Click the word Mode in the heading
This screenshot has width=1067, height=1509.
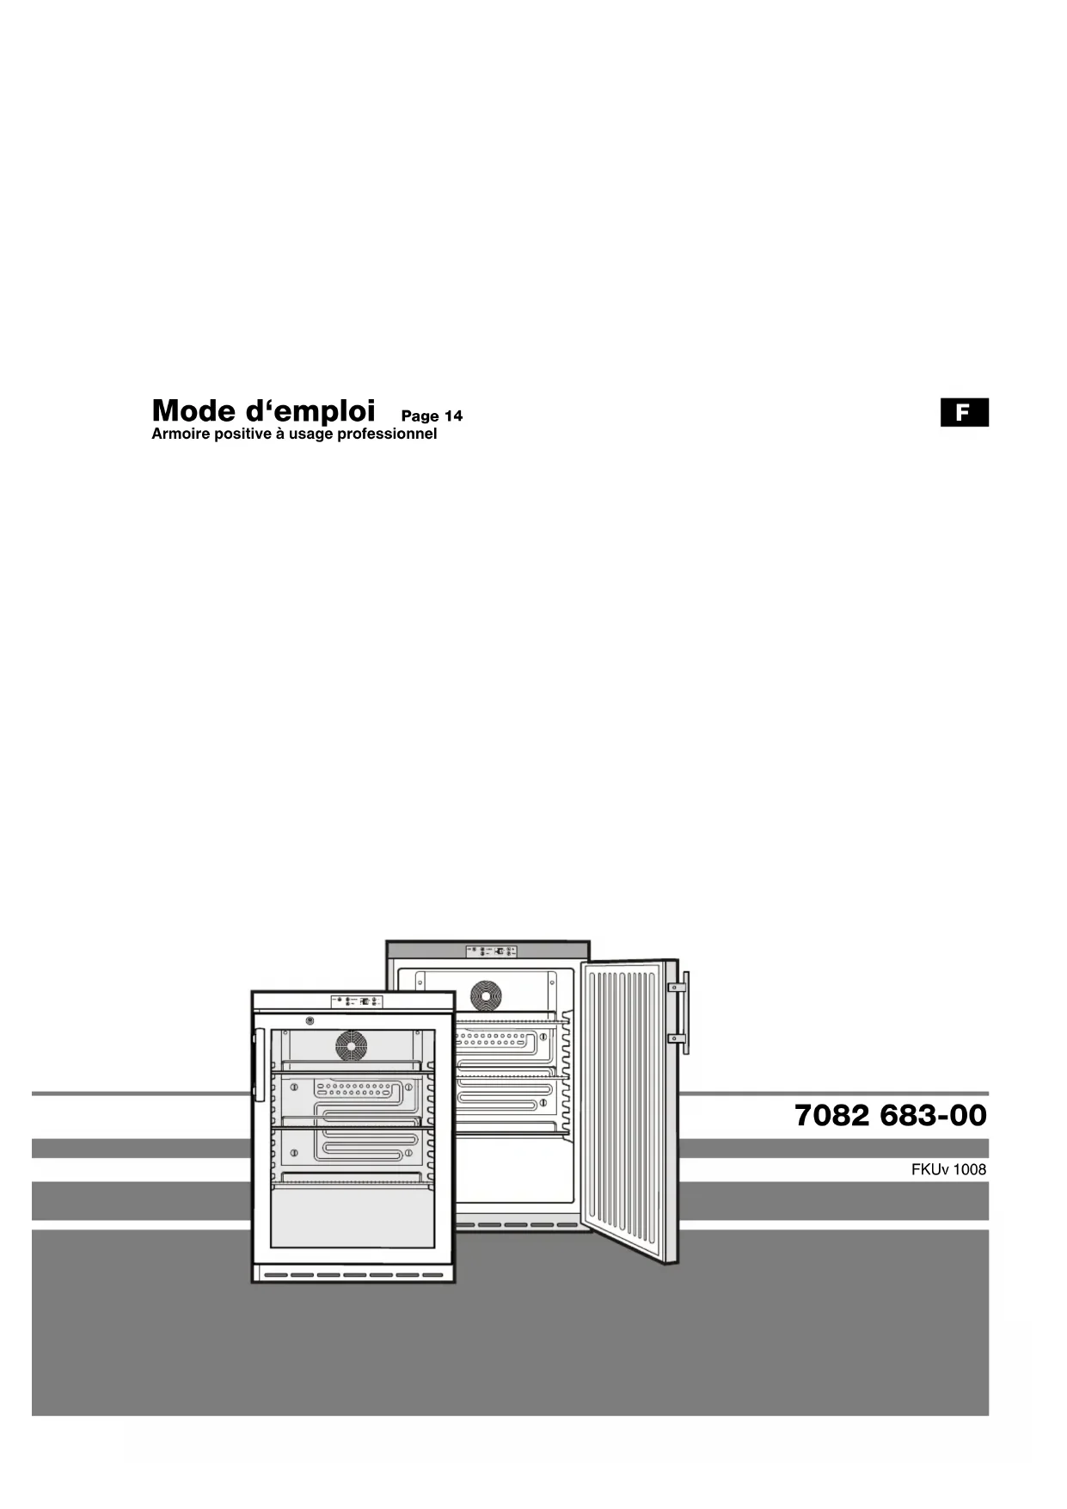tap(187, 410)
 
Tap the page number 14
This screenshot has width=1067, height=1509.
tap(453, 416)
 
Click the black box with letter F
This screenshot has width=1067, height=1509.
tap(964, 413)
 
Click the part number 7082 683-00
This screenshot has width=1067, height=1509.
tap(890, 1116)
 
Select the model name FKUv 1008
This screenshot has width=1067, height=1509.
tap(948, 1170)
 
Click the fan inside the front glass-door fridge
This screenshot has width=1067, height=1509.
tap(351, 1046)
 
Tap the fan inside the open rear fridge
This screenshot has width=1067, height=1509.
tap(486, 995)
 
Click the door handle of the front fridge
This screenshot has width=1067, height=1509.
tap(259, 1065)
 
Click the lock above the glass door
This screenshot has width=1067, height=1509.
tap(310, 1021)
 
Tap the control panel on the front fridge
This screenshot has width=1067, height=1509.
tap(356, 1001)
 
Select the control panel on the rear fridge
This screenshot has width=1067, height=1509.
tap(491, 952)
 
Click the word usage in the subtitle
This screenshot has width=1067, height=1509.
tap(310, 434)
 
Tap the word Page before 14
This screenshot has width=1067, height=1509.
tap(420, 416)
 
